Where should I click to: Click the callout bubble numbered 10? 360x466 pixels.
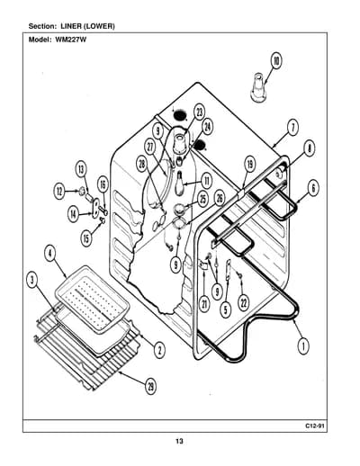click(276, 60)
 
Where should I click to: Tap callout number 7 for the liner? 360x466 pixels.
click(293, 128)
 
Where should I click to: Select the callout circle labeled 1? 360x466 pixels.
click(303, 346)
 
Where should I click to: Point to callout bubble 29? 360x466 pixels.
click(150, 387)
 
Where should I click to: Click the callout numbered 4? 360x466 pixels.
click(50, 254)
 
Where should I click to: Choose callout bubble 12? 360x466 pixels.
click(59, 191)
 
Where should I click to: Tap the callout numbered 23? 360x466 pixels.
click(199, 112)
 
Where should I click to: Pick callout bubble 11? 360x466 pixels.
click(206, 181)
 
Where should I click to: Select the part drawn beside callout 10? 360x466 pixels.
click(258, 87)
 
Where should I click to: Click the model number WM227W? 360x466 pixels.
click(71, 40)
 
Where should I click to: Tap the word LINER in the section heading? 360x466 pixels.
click(71, 26)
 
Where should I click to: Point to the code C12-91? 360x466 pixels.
click(315, 426)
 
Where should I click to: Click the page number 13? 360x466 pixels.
click(179, 441)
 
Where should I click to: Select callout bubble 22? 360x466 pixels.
click(243, 303)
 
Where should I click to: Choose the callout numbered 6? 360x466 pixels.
click(313, 188)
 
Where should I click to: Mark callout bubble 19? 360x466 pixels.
click(249, 164)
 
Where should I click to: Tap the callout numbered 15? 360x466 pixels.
click(86, 238)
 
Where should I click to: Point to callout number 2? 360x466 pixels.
click(159, 349)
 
